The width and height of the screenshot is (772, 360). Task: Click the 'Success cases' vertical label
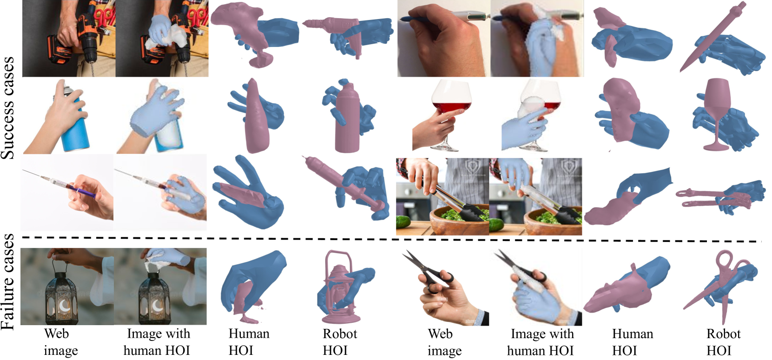pos(7,108)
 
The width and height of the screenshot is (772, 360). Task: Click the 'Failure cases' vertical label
pos(7,282)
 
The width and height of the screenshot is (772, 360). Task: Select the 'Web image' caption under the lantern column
pos(61,342)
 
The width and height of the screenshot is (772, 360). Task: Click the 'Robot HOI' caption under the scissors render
pos(723,342)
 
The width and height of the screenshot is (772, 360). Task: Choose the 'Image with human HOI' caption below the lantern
pos(158,342)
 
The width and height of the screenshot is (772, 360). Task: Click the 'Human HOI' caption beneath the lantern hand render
pos(249,342)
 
